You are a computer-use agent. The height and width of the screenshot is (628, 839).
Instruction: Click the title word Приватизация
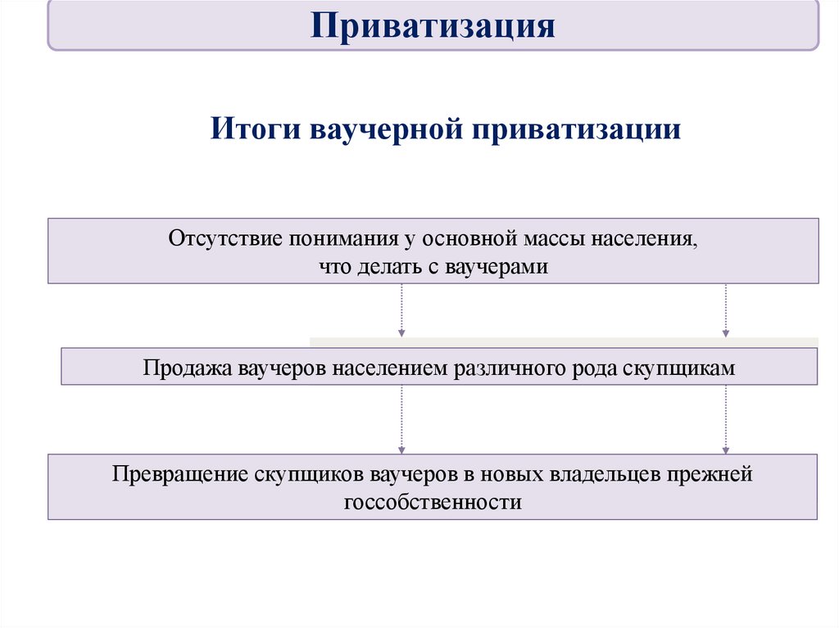click(433, 25)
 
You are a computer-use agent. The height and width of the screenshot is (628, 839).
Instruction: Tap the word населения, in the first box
click(646, 239)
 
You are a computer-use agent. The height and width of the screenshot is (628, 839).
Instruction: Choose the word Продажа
click(188, 368)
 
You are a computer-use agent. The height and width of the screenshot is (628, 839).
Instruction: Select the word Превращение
click(176, 474)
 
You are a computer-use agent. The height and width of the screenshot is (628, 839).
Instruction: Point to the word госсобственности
click(433, 502)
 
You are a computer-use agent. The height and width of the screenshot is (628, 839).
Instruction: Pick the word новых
click(517, 474)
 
